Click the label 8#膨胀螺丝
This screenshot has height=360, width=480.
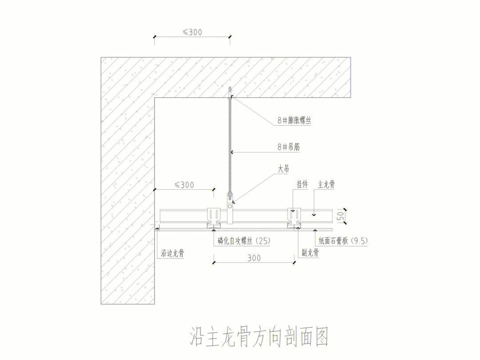(294, 120)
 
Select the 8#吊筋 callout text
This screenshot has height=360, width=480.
(289, 147)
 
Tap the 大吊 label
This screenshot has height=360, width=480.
(283, 169)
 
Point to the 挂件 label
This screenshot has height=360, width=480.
(302, 184)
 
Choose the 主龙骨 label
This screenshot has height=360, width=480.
(326, 184)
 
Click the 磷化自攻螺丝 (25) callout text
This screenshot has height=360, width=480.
(244, 241)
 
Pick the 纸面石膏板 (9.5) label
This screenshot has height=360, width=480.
(343, 241)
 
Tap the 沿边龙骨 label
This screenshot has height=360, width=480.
(172, 253)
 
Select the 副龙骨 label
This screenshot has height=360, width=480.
(310, 252)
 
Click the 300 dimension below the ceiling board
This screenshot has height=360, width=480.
(254, 258)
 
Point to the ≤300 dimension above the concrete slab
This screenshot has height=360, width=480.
(192, 32)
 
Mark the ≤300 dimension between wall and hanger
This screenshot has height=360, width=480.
(184, 185)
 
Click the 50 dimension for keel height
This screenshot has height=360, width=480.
(340, 216)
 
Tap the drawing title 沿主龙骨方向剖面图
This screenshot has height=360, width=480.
(259, 336)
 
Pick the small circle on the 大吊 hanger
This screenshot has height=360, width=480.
(230, 207)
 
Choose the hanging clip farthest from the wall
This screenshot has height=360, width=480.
(294, 218)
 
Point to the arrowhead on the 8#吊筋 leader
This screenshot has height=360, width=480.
(232, 152)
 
